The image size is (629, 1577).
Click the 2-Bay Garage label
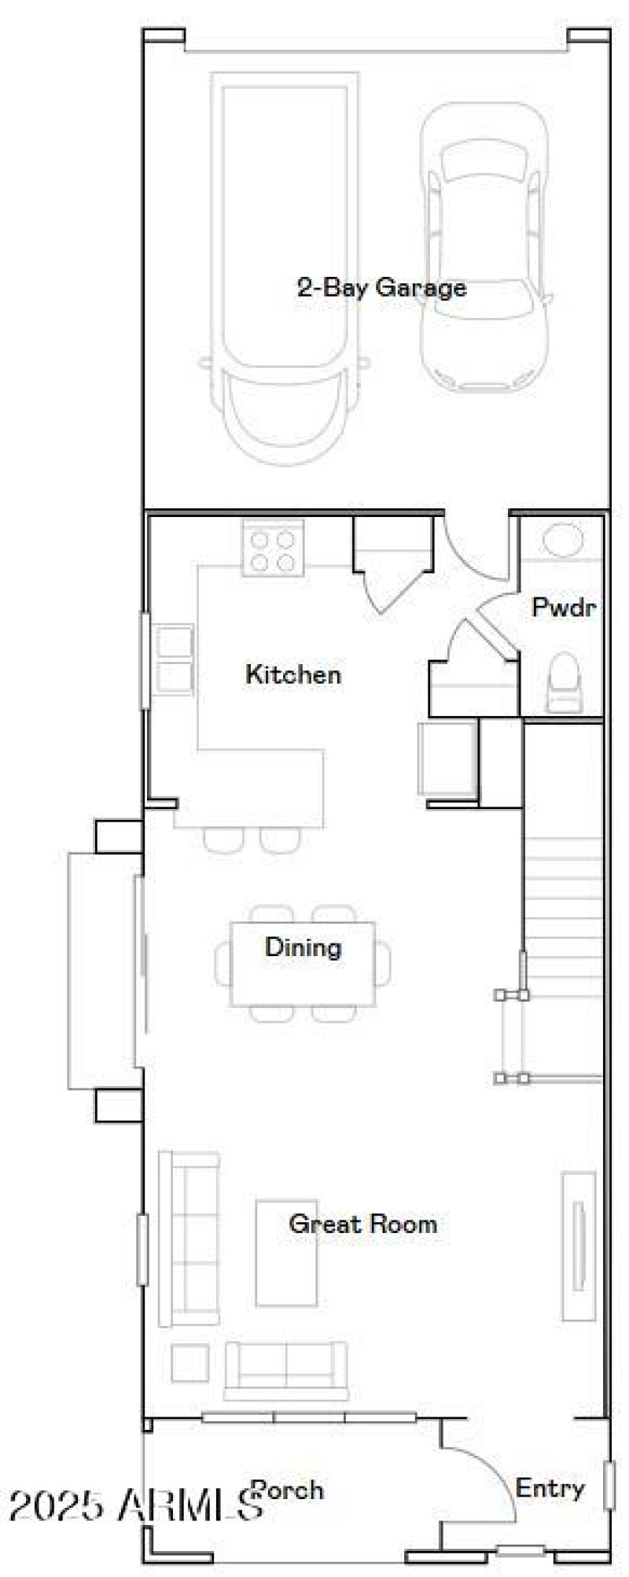pos(381,287)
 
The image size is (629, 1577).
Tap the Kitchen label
pos(293,674)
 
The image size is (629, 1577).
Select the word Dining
pos(303,947)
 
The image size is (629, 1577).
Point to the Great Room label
pos(362,1224)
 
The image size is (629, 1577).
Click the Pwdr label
pos(564,607)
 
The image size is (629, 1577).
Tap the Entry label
pos(550,1488)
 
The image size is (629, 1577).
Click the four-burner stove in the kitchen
pos(273,549)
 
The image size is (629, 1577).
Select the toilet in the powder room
pos(563,681)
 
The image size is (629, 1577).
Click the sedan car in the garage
pos(484,250)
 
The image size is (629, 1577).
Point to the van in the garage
pos(284,268)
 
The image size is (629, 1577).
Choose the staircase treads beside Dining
pos(563,905)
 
